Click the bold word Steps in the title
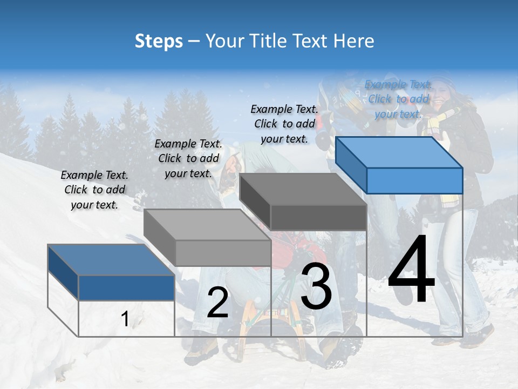coord(159,41)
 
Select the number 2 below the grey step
coord(217,303)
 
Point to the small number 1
coord(125,319)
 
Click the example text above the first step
coord(94,190)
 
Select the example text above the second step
coord(188,158)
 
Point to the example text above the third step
coord(284,124)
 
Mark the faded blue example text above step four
coord(398,99)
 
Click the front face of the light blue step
coord(414,180)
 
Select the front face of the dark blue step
coord(126,287)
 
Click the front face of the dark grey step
coord(318,217)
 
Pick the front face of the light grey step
coord(223,253)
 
